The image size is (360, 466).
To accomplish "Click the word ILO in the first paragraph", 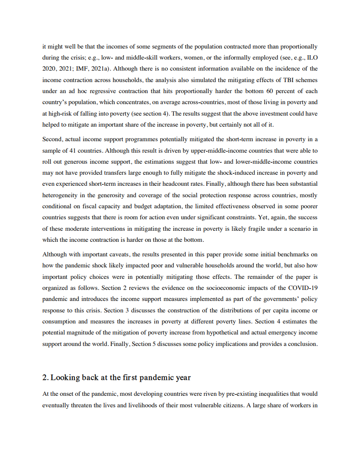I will point(311,57).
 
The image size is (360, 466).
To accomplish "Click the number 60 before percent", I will point(270,91).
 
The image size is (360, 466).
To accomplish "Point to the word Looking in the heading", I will point(66,378).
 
